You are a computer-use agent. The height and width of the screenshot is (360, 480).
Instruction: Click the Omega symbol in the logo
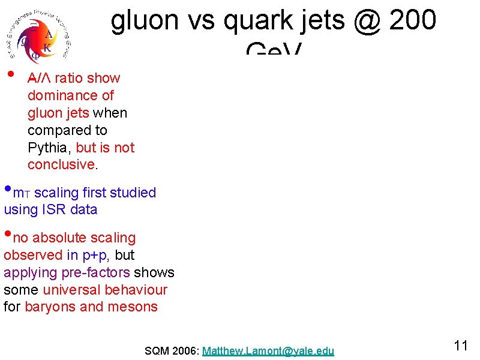click(x=25, y=42)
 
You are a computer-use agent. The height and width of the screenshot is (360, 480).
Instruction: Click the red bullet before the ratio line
click(x=10, y=75)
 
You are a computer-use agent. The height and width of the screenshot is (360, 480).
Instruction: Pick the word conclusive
click(x=61, y=164)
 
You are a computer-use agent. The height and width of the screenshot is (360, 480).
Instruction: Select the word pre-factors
click(x=95, y=272)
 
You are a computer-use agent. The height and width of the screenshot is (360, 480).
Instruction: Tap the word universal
click(x=71, y=290)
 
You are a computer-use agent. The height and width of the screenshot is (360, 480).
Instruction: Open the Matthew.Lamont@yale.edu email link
click(x=268, y=351)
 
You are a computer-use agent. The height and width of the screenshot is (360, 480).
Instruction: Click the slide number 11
click(x=461, y=346)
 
